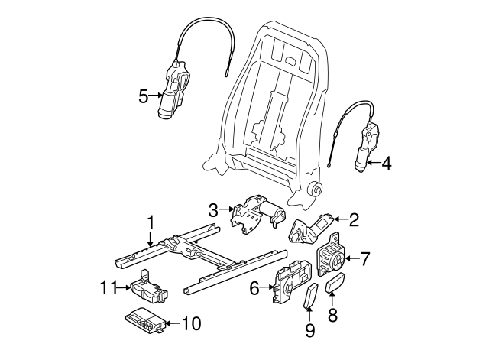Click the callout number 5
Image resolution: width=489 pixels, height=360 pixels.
(x=143, y=96)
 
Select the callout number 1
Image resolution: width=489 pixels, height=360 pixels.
(x=151, y=222)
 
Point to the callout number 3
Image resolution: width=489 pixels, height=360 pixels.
(x=214, y=209)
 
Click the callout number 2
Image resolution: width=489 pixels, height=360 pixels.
(x=353, y=220)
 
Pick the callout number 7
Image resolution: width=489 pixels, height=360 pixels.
(x=365, y=259)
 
